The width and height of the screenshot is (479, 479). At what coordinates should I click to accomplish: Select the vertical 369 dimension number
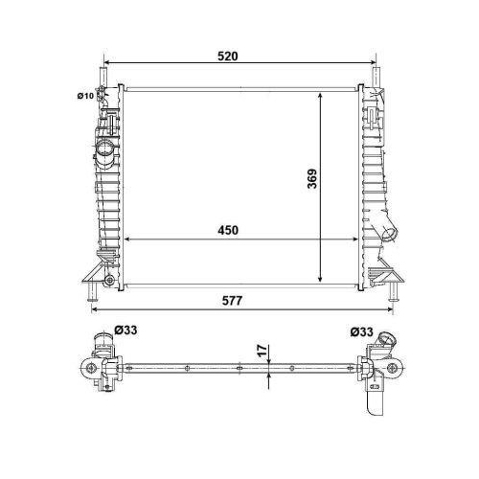click(311, 178)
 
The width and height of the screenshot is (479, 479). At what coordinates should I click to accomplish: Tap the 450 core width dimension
click(227, 231)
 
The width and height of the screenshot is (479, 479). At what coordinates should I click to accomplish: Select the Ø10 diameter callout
click(83, 94)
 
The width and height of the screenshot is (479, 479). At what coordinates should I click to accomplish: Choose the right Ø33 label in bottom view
click(361, 331)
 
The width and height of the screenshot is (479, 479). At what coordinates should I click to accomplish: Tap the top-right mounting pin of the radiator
click(375, 75)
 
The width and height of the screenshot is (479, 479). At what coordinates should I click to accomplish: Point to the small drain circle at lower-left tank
click(109, 280)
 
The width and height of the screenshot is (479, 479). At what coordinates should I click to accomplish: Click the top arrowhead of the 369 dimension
click(321, 96)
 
